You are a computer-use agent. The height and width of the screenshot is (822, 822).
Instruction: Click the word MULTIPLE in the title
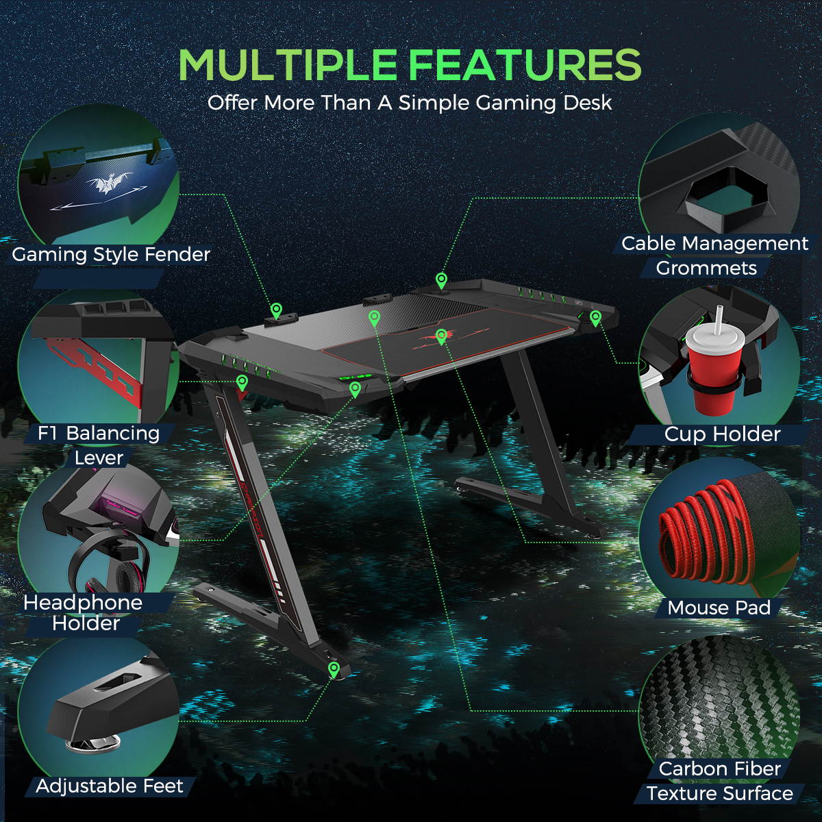point(288,65)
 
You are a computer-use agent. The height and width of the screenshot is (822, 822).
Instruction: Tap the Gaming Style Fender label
point(111,255)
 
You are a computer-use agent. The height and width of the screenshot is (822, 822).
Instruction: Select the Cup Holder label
point(722,434)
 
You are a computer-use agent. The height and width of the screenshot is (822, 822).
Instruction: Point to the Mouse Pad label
point(719,608)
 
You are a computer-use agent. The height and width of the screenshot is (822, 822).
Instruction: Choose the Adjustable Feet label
point(110,786)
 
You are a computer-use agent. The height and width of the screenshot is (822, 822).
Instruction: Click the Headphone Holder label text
point(84,613)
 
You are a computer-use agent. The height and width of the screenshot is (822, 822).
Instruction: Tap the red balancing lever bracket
point(103,366)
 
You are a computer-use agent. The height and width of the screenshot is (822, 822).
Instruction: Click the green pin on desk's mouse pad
point(441,336)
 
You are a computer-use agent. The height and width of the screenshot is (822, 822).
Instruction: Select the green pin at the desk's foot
point(334,669)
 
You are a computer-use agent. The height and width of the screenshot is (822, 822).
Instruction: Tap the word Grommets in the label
point(706,268)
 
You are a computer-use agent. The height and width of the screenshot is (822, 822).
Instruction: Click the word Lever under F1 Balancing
point(99,458)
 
